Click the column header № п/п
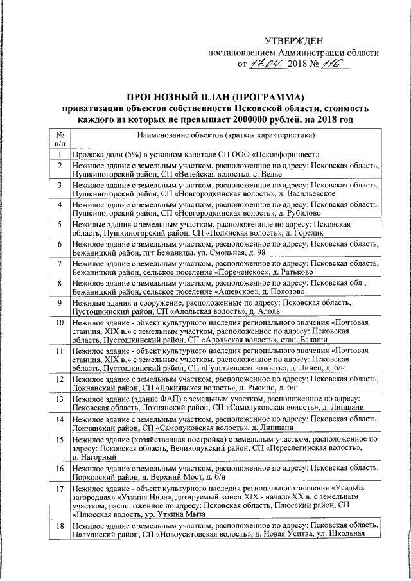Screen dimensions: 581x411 tap(58, 141)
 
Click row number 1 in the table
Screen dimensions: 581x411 tap(58, 155)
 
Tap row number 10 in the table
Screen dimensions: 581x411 tap(58, 322)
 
